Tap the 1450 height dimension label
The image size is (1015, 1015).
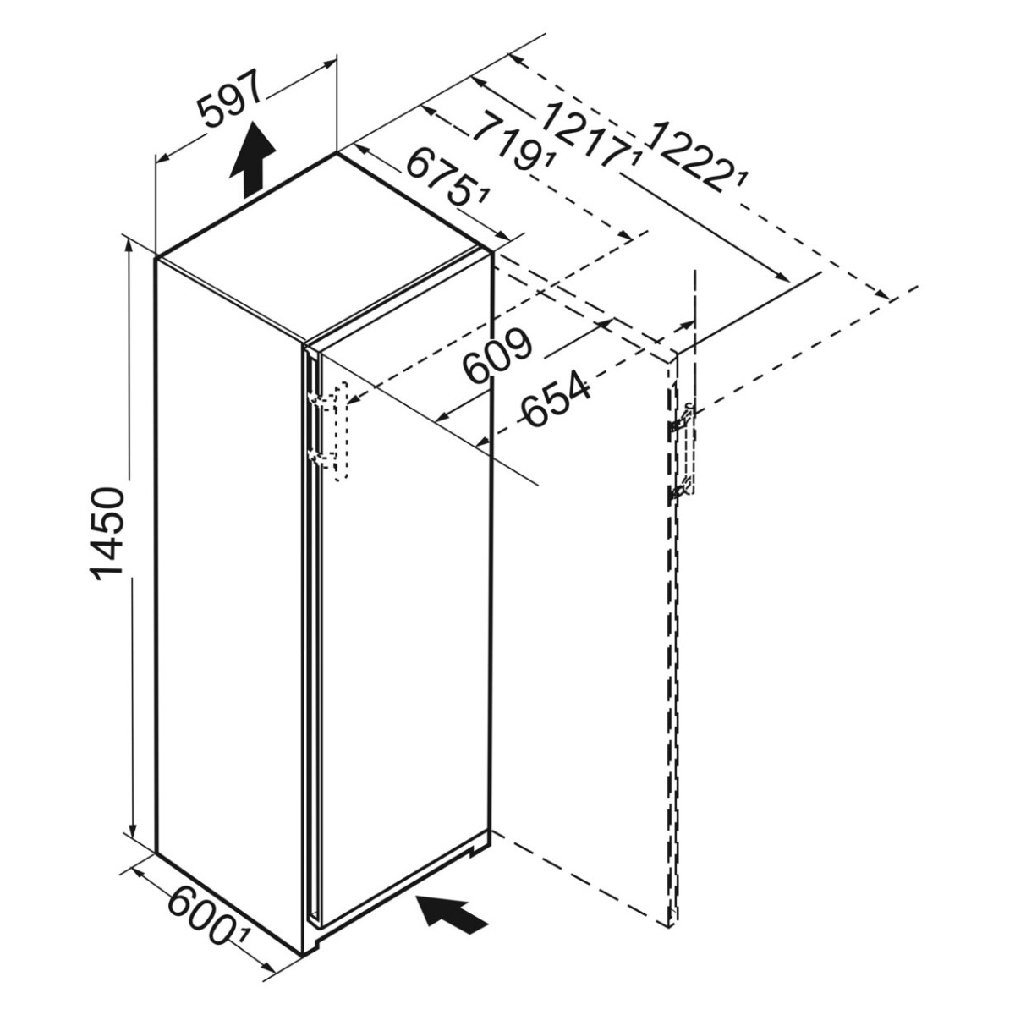(x=107, y=534)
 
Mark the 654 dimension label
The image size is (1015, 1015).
(x=556, y=398)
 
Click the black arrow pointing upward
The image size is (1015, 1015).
(x=252, y=160)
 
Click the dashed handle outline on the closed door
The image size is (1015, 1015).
(x=341, y=430)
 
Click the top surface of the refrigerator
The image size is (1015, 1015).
(x=324, y=248)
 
